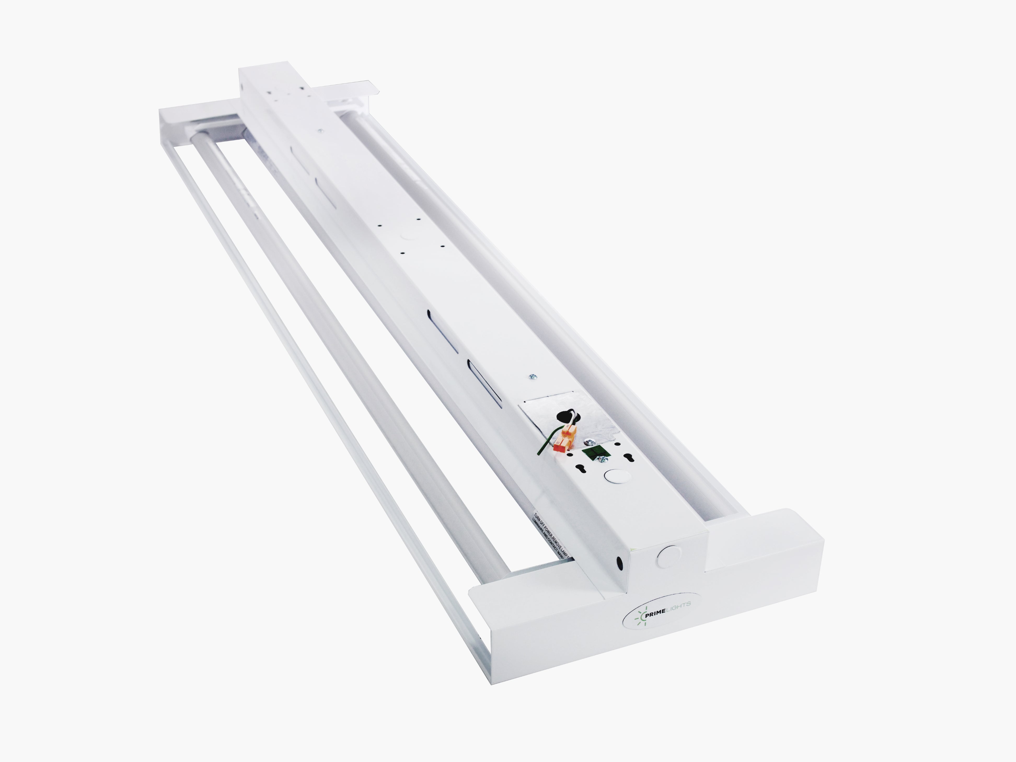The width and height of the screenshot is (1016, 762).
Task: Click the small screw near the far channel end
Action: coord(320,132)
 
